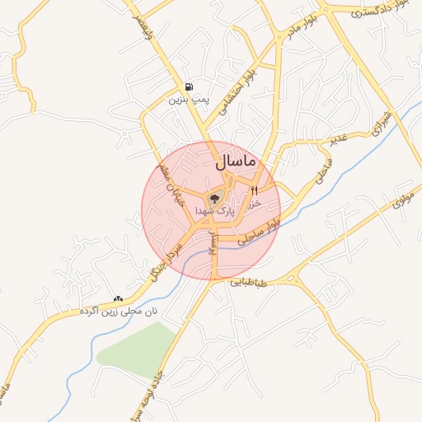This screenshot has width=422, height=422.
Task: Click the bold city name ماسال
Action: coord(237,163)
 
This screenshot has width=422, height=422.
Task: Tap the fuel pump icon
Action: coord(190,87)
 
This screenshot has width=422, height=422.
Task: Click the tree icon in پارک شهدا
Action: coord(215,199)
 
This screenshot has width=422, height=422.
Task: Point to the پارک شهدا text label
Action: coord(215,212)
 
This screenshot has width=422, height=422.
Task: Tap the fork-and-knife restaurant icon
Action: coord(254,190)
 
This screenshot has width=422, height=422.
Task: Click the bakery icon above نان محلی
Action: coord(118,298)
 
